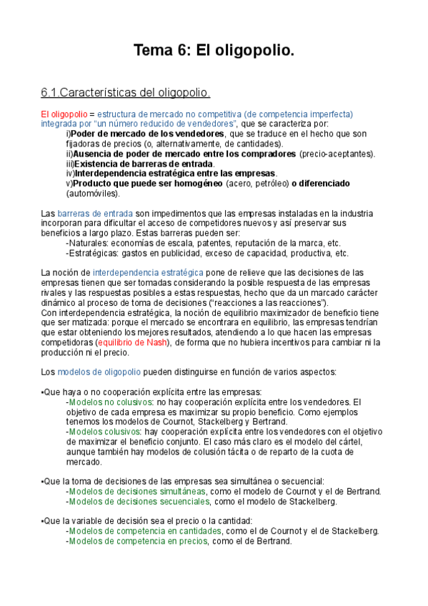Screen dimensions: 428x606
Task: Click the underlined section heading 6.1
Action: [x=125, y=93]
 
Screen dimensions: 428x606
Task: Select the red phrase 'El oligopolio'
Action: [x=64, y=114]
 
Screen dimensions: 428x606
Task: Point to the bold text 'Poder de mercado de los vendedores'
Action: [x=148, y=134]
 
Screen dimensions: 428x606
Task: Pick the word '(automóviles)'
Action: [x=94, y=194]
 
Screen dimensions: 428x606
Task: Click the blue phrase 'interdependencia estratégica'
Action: [x=148, y=273]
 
